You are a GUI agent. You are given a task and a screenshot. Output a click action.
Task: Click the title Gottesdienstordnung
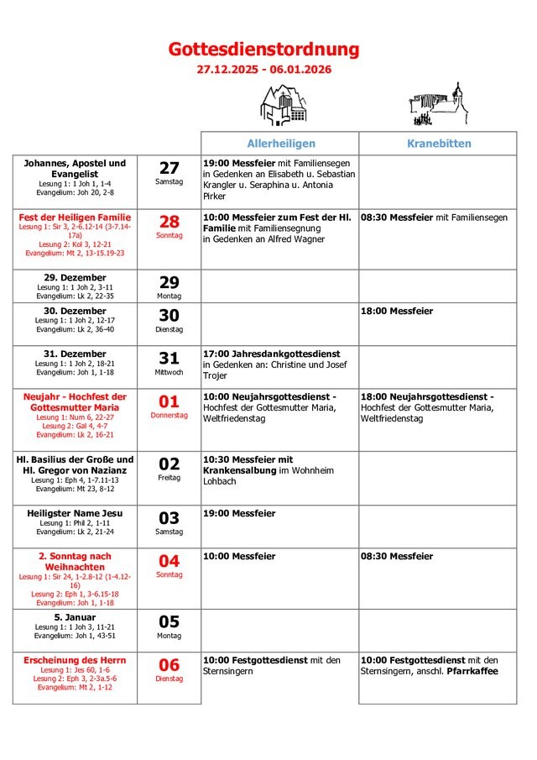(x=263, y=50)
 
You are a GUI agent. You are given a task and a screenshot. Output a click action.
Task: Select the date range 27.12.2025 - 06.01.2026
(x=263, y=70)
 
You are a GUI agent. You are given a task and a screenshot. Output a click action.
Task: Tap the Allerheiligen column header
(x=280, y=144)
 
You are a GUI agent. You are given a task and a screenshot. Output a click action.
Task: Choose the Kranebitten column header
(x=439, y=144)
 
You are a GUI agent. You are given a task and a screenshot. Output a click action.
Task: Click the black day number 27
(x=169, y=168)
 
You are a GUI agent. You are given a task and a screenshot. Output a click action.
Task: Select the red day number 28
(x=169, y=222)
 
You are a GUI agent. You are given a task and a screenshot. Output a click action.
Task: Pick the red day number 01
(x=169, y=401)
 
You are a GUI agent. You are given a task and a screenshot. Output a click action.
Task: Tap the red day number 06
(x=169, y=665)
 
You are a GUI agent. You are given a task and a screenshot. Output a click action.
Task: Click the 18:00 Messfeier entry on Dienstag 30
(x=396, y=312)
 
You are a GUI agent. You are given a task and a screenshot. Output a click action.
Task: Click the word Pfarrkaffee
(x=472, y=671)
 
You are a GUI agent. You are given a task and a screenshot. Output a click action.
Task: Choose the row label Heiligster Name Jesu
(x=75, y=513)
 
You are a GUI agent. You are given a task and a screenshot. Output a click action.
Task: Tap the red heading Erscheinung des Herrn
(x=75, y=660)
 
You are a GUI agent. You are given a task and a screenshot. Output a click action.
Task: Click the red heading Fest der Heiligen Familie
(x=75, y=218)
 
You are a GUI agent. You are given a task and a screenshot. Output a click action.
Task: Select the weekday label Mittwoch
(x=169, y=371)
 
